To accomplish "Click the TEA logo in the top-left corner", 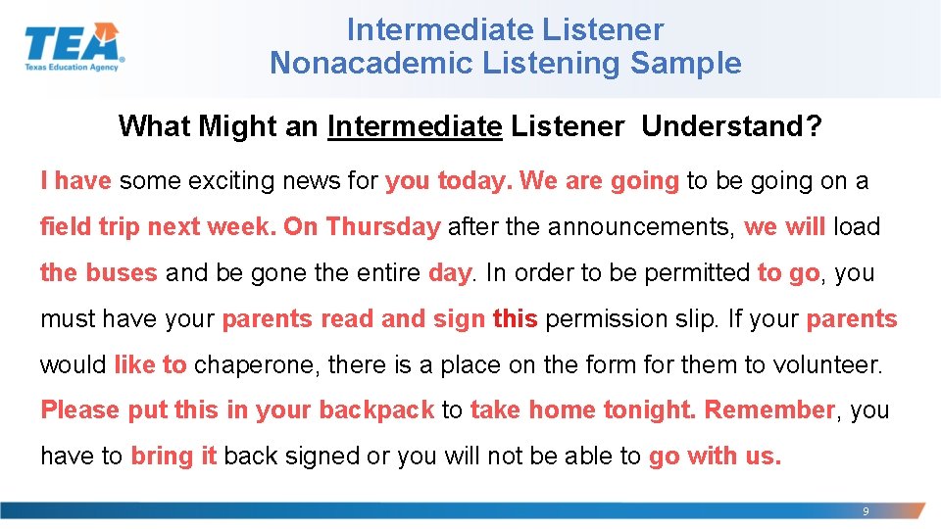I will (x=74, y=47).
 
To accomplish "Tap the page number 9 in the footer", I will (x=865, y=511).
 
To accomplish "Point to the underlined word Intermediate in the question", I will (x=415, y=126).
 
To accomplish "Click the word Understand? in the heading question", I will (x=731, y=126).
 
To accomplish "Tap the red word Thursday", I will (x=382, y=227).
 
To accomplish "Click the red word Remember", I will (x=769, y=410).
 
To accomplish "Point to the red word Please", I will (x=80, y=410).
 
